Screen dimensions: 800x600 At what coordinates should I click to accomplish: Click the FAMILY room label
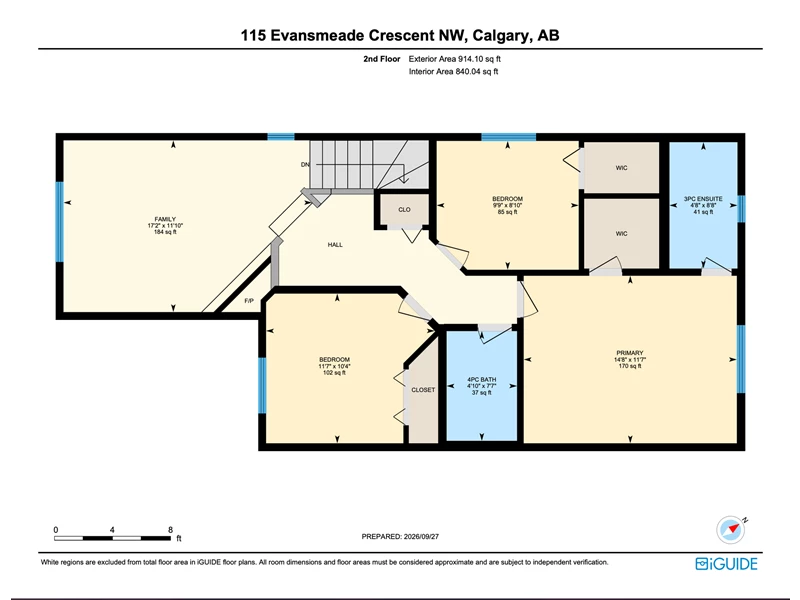point(165,219)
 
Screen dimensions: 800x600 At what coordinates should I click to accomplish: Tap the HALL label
point(335,245)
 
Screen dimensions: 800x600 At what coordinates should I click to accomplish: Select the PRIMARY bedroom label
point(630,353)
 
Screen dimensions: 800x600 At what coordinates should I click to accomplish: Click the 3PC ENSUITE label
point(703,199)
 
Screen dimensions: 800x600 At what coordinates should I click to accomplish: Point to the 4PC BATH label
point(482,380)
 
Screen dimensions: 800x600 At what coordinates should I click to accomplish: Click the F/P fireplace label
point(249,301)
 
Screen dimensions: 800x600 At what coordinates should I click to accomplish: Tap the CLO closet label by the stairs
point(404,210)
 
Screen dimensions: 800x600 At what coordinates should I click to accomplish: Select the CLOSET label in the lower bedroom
point(423,390)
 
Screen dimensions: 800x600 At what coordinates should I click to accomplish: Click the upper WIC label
point(621,168)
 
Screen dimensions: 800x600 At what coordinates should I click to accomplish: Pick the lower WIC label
point(621,234)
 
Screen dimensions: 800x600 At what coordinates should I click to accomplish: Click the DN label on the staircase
point(305,165)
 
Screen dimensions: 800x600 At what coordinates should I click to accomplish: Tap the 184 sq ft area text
point(165,232)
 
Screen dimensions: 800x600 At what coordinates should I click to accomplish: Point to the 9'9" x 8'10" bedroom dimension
point(507,206)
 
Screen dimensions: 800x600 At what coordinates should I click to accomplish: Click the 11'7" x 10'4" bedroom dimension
point(335,366)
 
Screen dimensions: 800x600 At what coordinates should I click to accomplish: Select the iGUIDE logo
point(726,564)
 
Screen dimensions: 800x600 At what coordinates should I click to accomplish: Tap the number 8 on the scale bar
point(170,530)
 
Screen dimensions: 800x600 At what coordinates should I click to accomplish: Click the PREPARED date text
point(400,537)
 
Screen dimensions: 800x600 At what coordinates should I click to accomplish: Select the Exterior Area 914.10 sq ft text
point(455,59)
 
